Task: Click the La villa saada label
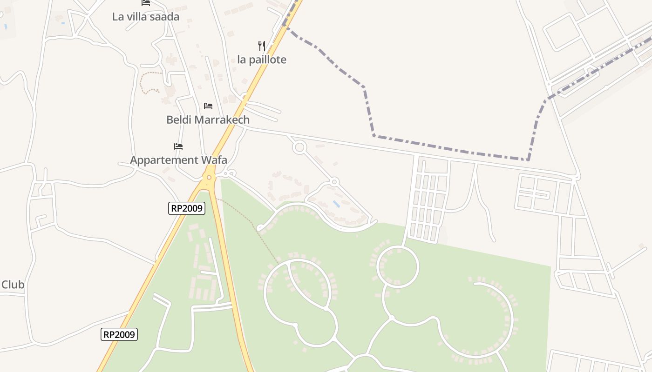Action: (145, 17)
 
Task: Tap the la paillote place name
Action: (262, 60)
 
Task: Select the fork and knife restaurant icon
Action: (262, 46)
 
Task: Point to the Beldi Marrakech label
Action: (208, 120)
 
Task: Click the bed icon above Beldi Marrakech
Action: (208, 106)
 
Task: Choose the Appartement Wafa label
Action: (178, 160)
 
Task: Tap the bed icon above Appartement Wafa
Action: (178, 146)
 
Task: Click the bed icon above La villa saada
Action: (146, 3)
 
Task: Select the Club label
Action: (13, 285)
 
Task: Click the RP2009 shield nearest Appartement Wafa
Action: (186, 208)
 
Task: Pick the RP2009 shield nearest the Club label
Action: (119, 334)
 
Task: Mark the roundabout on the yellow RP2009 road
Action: (210, 177)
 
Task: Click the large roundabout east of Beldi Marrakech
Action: (299, 148)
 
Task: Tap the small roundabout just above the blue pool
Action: (334, 182)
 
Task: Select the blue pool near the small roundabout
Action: (336, 204)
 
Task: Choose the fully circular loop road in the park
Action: (397, 267)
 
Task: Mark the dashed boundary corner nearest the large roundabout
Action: (374, 136)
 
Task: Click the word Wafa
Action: (214, 160)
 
